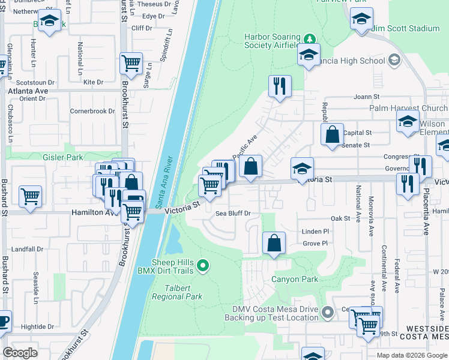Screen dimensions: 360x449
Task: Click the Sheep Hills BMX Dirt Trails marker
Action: pyautogui.click(x=203, y=265)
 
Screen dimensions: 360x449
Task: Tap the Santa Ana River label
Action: pyautogui.click(x=161, y=178)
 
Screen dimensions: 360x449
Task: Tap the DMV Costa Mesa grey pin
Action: pyautogui.click(x=327, y=312)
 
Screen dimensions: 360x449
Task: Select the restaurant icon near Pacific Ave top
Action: pyautogui.click(x=280, y=86)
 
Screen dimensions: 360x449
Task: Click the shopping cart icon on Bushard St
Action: pyautogui.click(x=30, y=196)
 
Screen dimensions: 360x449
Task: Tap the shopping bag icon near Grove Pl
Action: pyautogui.click(x=274, y=243)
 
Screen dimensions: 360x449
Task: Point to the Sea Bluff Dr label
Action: pyautogui.click(x=232, y=213)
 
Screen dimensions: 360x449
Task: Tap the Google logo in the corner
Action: pyautogui.click(x=20, y=353)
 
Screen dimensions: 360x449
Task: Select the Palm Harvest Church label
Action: pyautogui.click(x=409, y=109)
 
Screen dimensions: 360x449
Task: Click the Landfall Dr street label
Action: pyautogui.click(x=27, y=249)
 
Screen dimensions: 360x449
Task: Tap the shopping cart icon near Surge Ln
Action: pyautogui.click(x=131, y=62)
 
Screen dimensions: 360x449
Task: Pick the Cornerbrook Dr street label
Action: pyautogui.click(x=92, y=111)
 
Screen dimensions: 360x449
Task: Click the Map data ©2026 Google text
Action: pyautogui.click(x=411, y=355)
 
